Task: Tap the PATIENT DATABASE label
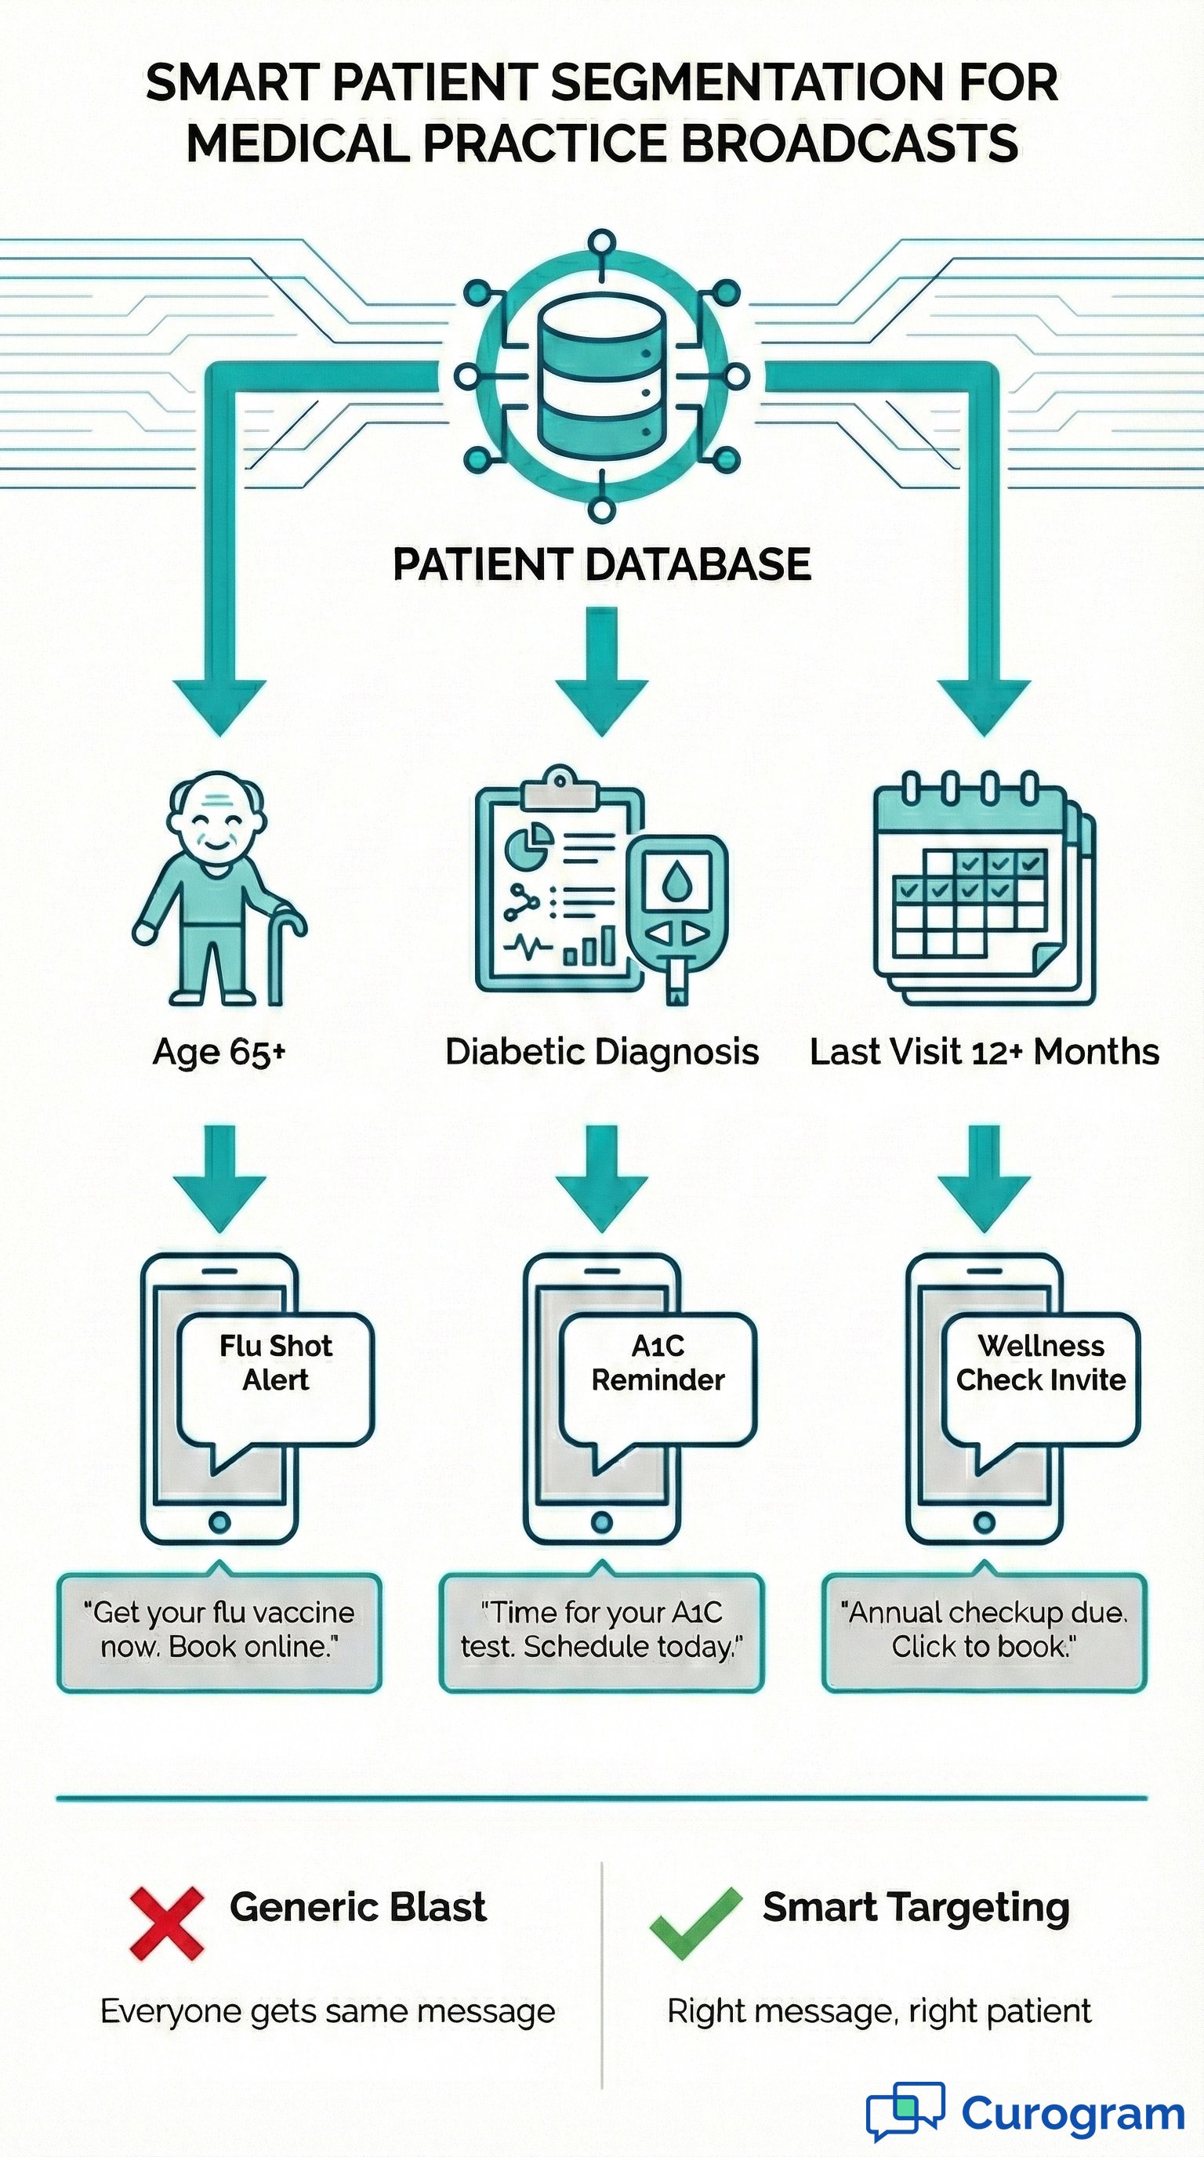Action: coord(602,564)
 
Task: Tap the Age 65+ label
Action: coord(219,1052)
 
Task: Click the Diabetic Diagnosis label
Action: coord(602,1052)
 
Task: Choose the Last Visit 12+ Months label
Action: coord(984,1052)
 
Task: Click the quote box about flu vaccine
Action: coord(219,1630)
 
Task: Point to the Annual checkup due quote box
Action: coord(984,1630)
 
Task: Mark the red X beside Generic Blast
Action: coord(168,1923)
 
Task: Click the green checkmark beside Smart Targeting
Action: coord(695,1923)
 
